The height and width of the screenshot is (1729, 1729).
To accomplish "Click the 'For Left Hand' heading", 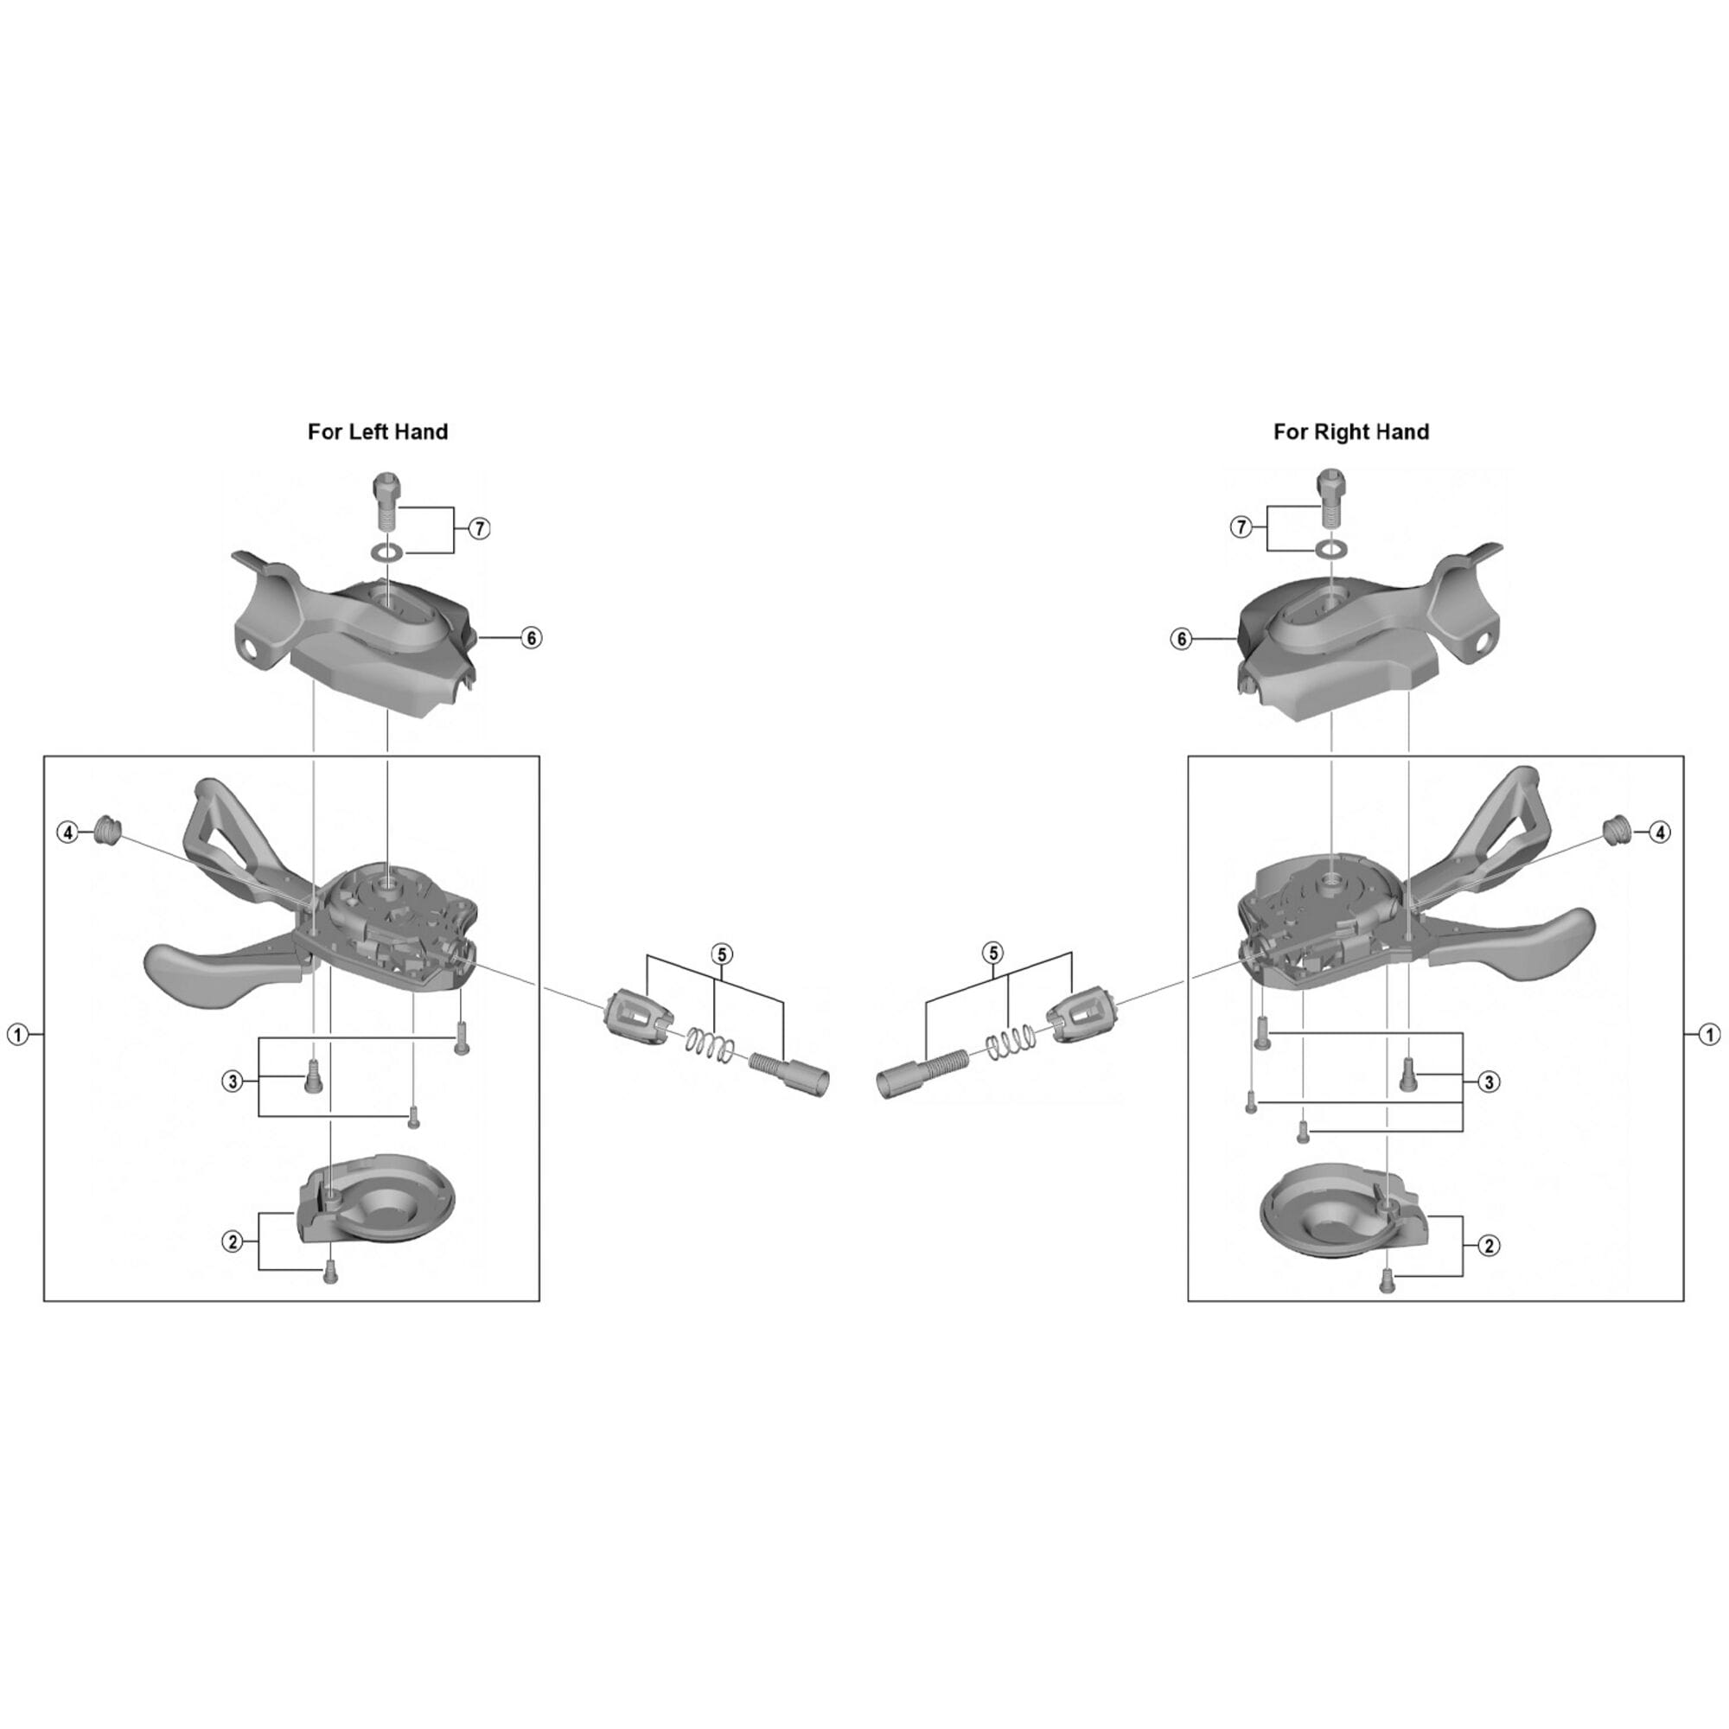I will (x=378, y=432).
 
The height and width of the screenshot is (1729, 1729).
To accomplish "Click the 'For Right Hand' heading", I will (x=1350, y=432).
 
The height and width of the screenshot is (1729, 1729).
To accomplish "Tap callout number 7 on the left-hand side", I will (x=480, y=529).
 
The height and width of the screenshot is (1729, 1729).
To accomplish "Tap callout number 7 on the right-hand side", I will (x=1241, y=528).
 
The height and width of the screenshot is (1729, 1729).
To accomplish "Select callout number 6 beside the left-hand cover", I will (x=532, y=638).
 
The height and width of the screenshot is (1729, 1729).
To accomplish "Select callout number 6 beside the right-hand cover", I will (x=1182, y=639).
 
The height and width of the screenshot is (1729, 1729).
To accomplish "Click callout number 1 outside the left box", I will (x=17, y=1035).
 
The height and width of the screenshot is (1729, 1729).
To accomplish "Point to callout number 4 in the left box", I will (x=68, y=833).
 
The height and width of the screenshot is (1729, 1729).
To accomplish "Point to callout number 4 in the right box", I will (x=1659, y=833).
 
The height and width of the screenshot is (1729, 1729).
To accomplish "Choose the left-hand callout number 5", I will (x=721, y=954).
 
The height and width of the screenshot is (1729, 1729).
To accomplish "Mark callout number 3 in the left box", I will (x=233, y=1082).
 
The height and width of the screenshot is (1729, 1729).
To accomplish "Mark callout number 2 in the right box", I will (x=1489, y=1246).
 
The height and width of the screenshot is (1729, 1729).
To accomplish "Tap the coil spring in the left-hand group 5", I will (x=712, y=1046).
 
